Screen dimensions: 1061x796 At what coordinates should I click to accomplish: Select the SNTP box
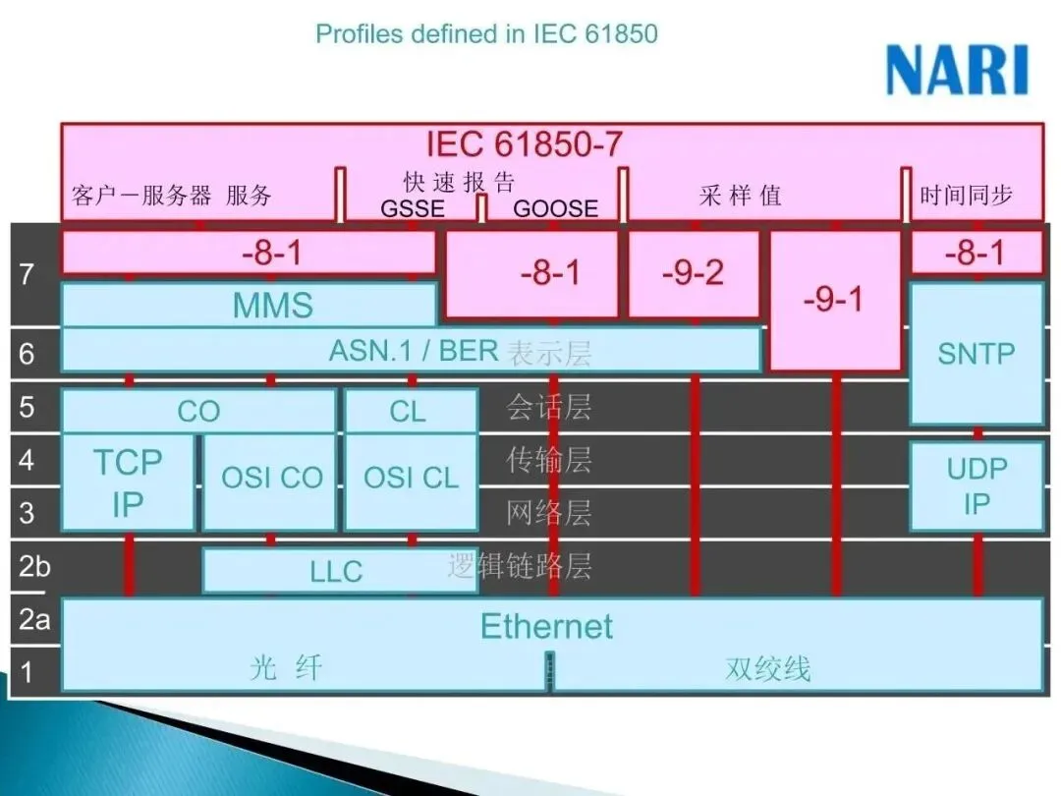(976, 354)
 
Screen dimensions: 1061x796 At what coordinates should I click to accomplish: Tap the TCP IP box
(128, 482)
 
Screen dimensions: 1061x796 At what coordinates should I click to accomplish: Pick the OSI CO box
(271, 479)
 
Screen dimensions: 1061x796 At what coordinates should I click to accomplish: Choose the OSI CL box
(411, 479)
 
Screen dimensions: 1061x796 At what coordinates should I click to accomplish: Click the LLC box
(337, 571)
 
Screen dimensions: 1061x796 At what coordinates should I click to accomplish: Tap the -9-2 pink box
(693, 274)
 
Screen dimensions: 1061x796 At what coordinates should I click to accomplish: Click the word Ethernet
(546, 626)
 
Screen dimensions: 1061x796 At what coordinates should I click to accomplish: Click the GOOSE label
(555, 208)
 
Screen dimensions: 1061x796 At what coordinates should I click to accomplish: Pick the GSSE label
(413, 208)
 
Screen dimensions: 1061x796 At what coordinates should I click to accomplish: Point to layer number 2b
(34, 566)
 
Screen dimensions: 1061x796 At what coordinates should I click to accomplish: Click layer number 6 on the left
(27, 352)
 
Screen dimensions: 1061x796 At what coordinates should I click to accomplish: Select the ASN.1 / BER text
(414, 351)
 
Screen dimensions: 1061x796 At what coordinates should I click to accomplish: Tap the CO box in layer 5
(198, 411)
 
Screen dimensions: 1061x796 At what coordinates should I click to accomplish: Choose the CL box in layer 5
(409, 411)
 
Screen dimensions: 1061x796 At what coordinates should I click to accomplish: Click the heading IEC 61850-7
(524, 144)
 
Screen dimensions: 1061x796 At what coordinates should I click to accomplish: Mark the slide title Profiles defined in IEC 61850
(486, 33)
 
